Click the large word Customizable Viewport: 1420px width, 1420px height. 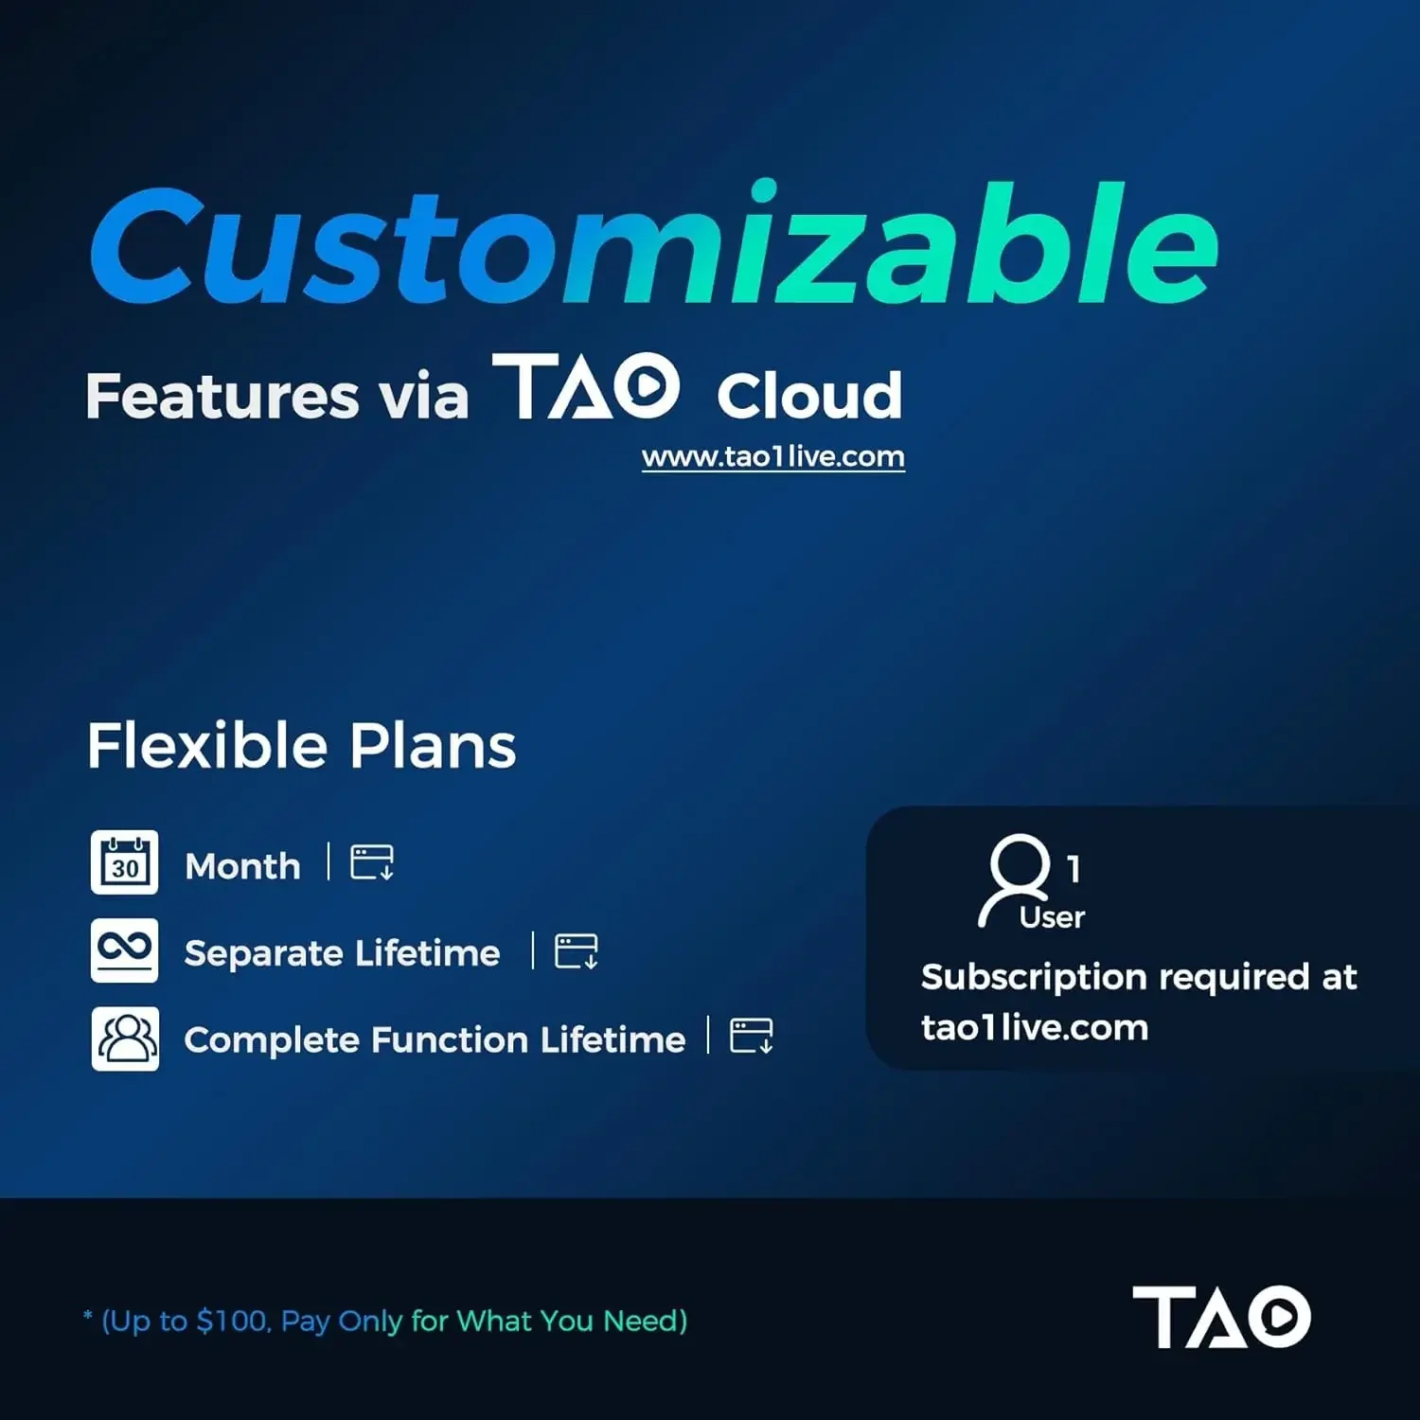point(654,244)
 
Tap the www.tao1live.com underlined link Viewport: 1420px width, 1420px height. point(773,457)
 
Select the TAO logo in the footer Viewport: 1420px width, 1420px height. point(1221,1316)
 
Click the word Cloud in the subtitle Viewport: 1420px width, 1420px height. point(809,395)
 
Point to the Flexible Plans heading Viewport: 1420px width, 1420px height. point(302,746)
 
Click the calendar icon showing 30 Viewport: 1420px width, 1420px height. point(125,862)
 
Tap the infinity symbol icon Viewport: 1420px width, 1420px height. point(125,950)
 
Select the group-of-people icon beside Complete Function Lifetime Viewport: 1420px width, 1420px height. point(125,1038)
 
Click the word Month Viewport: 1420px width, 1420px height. point(242,866)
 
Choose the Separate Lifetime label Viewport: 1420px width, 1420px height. point(342,953)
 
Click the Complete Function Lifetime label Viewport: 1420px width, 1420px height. point(435,1040)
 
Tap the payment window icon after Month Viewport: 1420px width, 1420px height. point(372,862)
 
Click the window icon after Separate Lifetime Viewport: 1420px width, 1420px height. point(577,951)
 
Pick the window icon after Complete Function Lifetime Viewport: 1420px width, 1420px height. point(752,1036)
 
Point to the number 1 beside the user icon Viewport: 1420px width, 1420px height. point(1074,868)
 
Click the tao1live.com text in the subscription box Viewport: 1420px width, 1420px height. point(1035,1028)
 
